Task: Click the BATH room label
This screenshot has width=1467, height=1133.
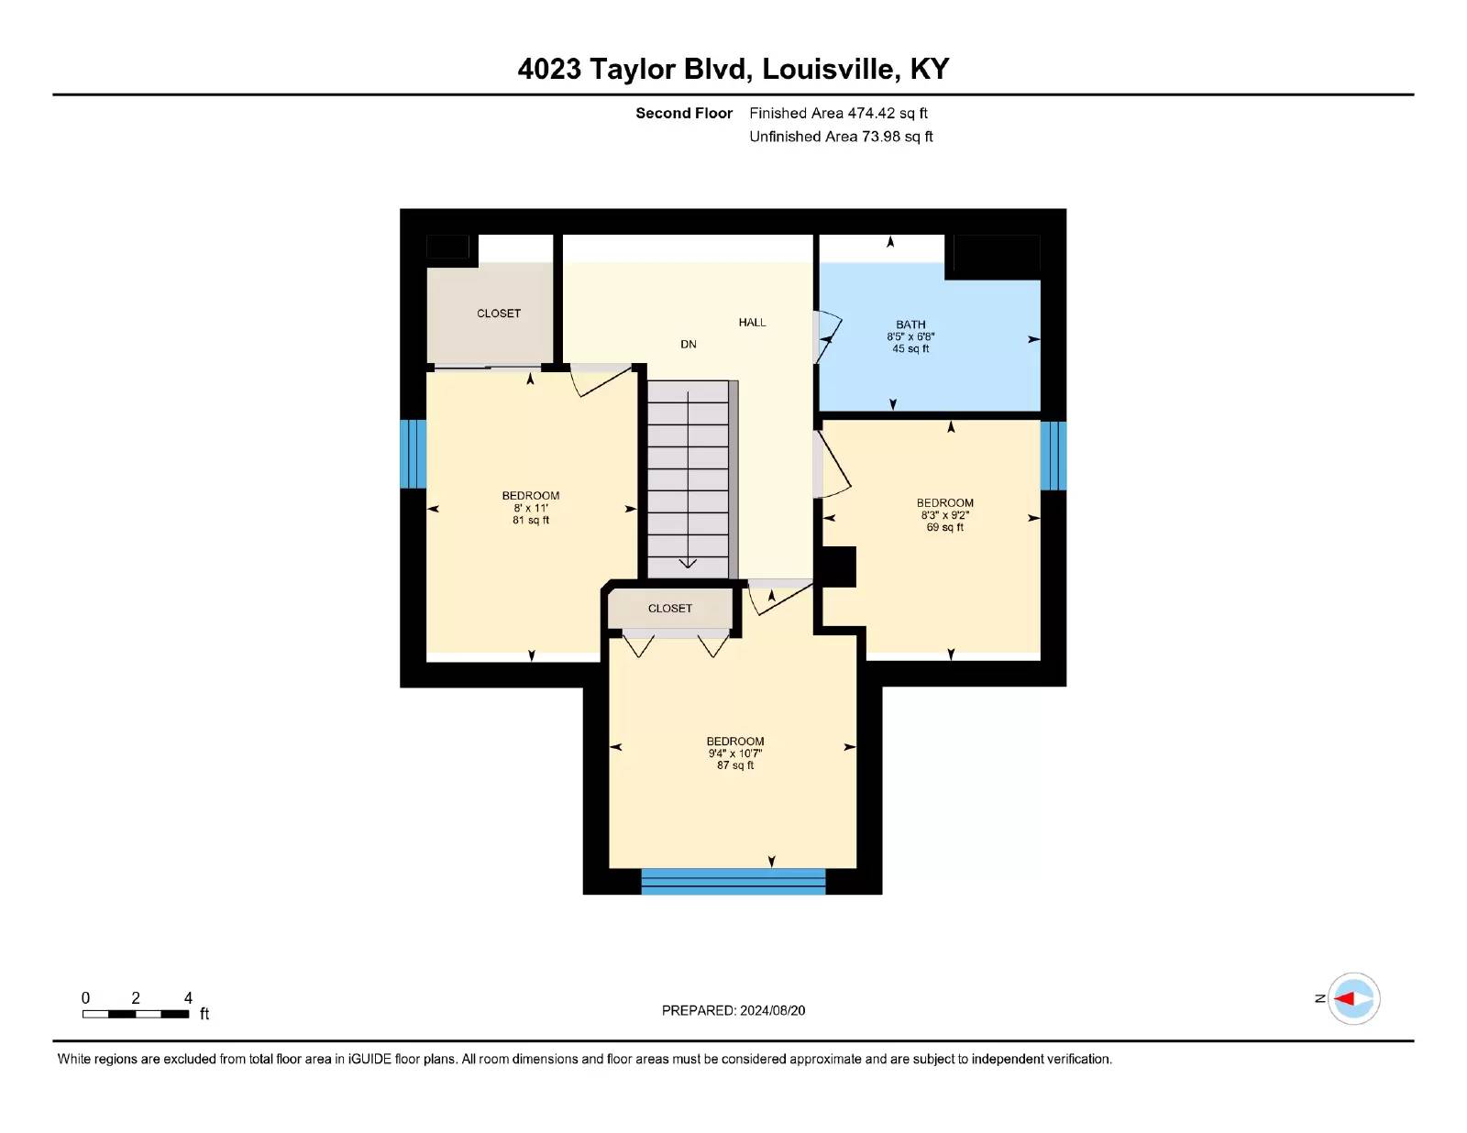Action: point(910,324)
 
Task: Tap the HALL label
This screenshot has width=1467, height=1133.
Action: point(752,323)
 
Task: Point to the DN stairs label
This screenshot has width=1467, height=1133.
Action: point(688,344)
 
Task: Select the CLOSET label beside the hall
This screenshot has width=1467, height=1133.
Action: point(498,313)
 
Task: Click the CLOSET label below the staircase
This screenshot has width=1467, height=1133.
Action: point(669,608)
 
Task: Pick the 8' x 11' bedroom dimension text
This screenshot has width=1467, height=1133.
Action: point(531,508)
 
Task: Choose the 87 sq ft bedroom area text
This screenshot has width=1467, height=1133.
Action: point(735,765)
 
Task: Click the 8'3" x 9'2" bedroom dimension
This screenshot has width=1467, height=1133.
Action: point(945,515)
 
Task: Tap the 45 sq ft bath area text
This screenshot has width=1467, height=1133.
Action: point(910,349)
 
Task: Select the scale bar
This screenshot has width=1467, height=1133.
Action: point(136,1014)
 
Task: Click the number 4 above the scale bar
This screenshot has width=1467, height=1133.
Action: point(188,997)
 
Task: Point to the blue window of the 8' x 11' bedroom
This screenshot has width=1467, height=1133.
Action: point(414,454)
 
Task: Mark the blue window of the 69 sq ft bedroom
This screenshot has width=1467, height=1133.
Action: point(1053,456)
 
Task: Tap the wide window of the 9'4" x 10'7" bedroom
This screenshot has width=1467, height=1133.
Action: point(733,881)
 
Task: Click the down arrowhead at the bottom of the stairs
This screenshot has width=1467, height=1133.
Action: point(688,563)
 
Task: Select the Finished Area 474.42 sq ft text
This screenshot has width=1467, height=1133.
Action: point(838,114)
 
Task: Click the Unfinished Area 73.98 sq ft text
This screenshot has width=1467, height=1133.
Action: point(841,137)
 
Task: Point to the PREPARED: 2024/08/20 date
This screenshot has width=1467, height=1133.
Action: point(733,1010)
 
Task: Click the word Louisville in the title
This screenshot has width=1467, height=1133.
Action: point(831,70)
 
